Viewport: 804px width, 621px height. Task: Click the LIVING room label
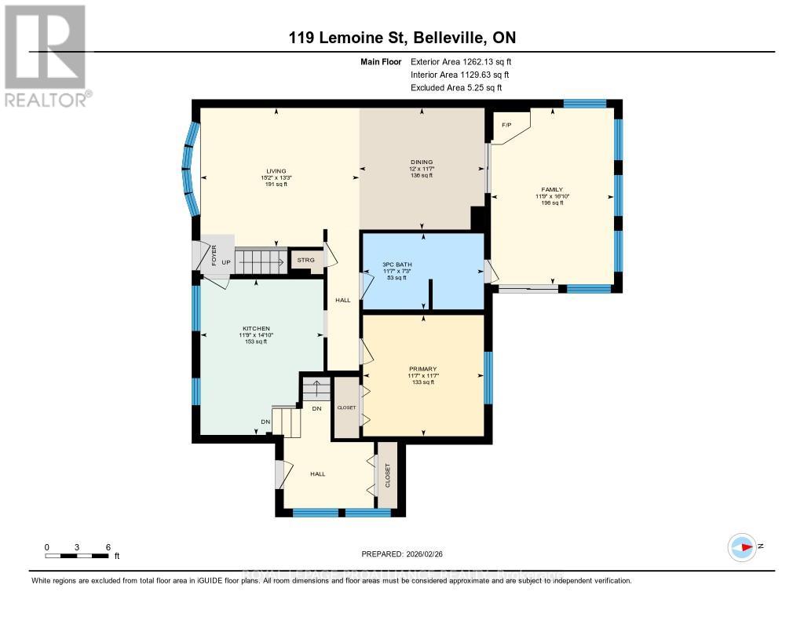pos(275,171)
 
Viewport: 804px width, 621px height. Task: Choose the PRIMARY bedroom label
pos(422,368)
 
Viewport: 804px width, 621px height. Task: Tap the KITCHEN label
pos(256,328)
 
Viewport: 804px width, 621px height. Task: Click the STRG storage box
pos(305,260)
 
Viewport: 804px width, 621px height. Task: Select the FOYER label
pos(214,254)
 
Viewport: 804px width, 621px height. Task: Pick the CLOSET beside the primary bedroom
pos(346,407)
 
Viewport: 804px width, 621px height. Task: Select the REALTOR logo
pos(46,56)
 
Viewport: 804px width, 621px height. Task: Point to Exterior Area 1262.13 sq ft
pos(461,61)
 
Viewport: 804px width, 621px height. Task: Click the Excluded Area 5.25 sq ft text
pos(455,88)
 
